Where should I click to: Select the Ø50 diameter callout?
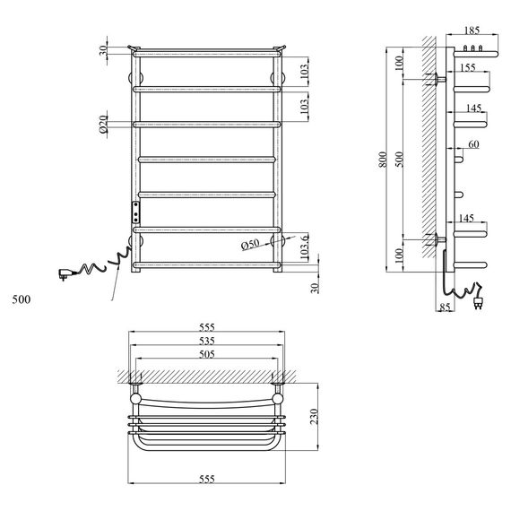[x=251, y=243]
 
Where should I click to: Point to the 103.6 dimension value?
[x=306, y=247]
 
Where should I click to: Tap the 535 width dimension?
[x=206, y=341]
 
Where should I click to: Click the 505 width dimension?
[x=206, y=354]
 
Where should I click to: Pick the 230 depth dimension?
[x=314, y=418]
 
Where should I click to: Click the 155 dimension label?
[x=467, y=68]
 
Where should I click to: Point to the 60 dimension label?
[x=472, y=144]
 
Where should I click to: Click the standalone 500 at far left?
[x=22, y=299]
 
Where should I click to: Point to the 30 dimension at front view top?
[x=104, y=49]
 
